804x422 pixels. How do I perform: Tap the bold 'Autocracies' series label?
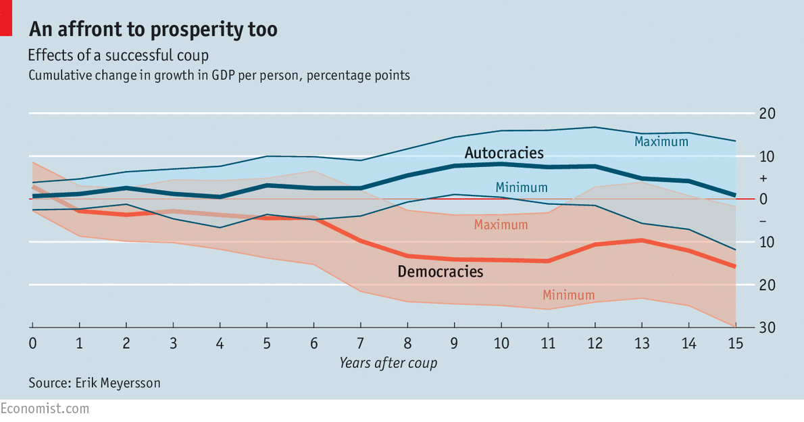(503, 152)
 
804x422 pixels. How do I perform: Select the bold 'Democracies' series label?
(441, 272)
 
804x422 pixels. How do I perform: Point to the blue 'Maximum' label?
(661, 141)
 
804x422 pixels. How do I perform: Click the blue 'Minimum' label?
(522, 187)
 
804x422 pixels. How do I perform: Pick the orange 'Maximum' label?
(501, 225)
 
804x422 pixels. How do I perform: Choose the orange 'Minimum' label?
(568, 295)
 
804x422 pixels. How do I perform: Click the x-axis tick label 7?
(361, 343)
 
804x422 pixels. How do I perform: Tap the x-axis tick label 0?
(32, 343)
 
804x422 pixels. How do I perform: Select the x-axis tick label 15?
(735, 343)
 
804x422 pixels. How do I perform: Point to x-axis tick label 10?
(501, 343)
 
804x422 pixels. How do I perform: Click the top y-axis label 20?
(767, 114)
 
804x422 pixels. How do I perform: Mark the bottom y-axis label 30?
(767, 328)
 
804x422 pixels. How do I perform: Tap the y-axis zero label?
(763, 200)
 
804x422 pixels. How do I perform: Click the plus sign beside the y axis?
(763, 179)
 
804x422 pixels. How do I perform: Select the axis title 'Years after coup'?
(388, 363)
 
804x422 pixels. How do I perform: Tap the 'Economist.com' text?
(45, 408)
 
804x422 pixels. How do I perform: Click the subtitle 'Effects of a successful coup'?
(118, 55)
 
